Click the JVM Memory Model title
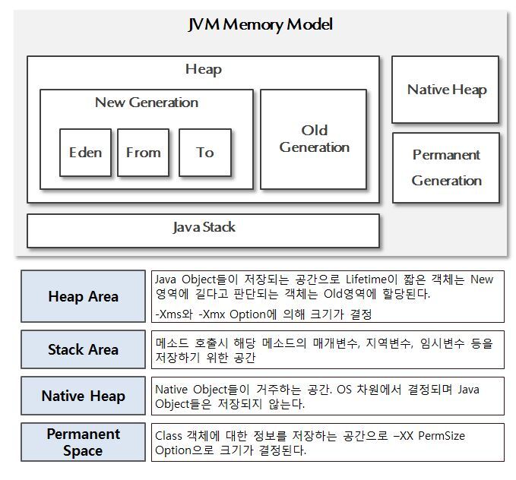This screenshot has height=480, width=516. (x=260, y=24)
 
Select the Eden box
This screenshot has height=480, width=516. (x=85, y=153)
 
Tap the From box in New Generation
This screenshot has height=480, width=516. (x=143, y=153)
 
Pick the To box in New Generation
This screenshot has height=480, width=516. (x=204, y=153)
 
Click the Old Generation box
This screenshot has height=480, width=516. (x=314, y=140)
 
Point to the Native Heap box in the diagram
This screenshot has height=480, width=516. (x=446, y=90)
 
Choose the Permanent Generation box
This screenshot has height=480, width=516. (x=446, y=168)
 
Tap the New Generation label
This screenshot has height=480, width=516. (x=146, y=103)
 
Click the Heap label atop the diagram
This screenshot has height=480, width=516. (x=203, y=70)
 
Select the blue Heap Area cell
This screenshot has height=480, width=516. (x=83, y=296)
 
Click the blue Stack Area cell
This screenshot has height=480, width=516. (x=83, y=349)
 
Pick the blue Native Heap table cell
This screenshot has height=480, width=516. (x=83, y=396)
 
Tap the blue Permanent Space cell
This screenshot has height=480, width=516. (x=83, y=442)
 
